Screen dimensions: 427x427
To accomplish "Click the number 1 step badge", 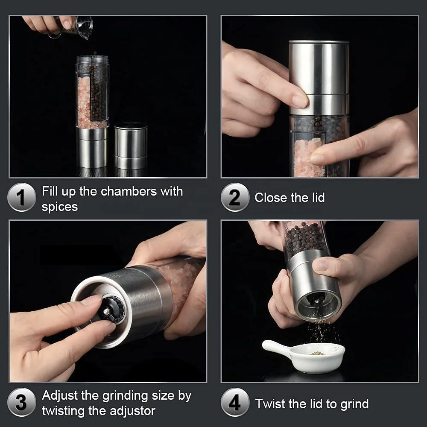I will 21,197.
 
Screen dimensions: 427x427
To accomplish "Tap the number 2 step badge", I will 235,197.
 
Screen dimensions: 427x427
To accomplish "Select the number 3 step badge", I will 21,402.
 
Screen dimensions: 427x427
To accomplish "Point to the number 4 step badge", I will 235,402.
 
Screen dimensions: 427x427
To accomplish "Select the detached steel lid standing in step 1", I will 131,145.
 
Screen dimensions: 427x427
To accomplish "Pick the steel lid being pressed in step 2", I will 319,77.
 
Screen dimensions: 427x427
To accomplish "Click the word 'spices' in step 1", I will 60,207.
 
